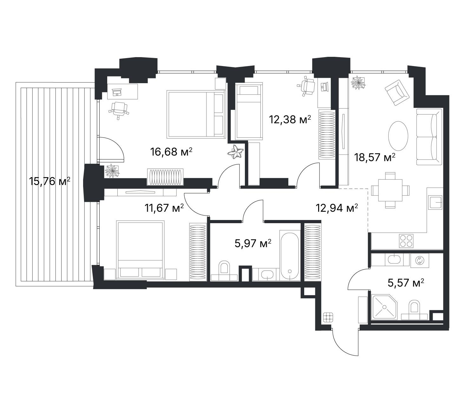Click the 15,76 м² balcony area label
pos(49,182)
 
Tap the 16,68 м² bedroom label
pos(171,151)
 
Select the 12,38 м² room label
pos(290,119)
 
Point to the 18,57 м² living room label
pos(375,157)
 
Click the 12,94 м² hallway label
pos(337,208)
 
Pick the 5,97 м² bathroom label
pos(253,243)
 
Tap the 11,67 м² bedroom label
pos(164,208)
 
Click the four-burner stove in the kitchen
pos(406,241)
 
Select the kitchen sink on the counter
pos(436,202)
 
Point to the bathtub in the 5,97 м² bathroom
pos(290,257)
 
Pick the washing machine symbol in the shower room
pos(420,260)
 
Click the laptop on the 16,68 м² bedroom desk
pos(117,92)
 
